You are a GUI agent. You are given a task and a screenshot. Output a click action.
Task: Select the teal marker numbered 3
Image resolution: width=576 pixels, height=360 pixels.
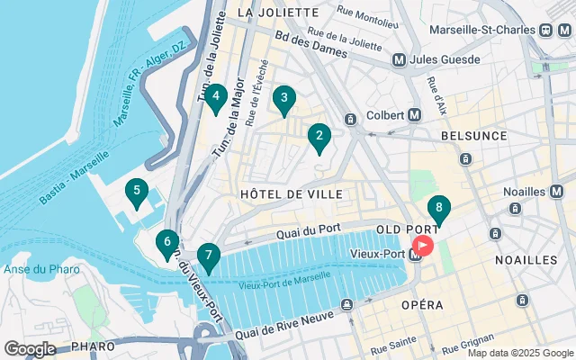(x=284, y=100)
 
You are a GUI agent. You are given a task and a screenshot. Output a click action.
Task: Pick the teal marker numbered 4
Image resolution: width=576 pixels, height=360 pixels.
(x=215, y=97)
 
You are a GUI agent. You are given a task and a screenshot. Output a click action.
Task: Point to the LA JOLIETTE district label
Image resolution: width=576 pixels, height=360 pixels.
(x=278, y=13)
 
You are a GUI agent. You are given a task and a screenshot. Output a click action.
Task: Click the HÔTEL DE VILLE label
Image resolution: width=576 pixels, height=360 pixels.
(x=291, y=194)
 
